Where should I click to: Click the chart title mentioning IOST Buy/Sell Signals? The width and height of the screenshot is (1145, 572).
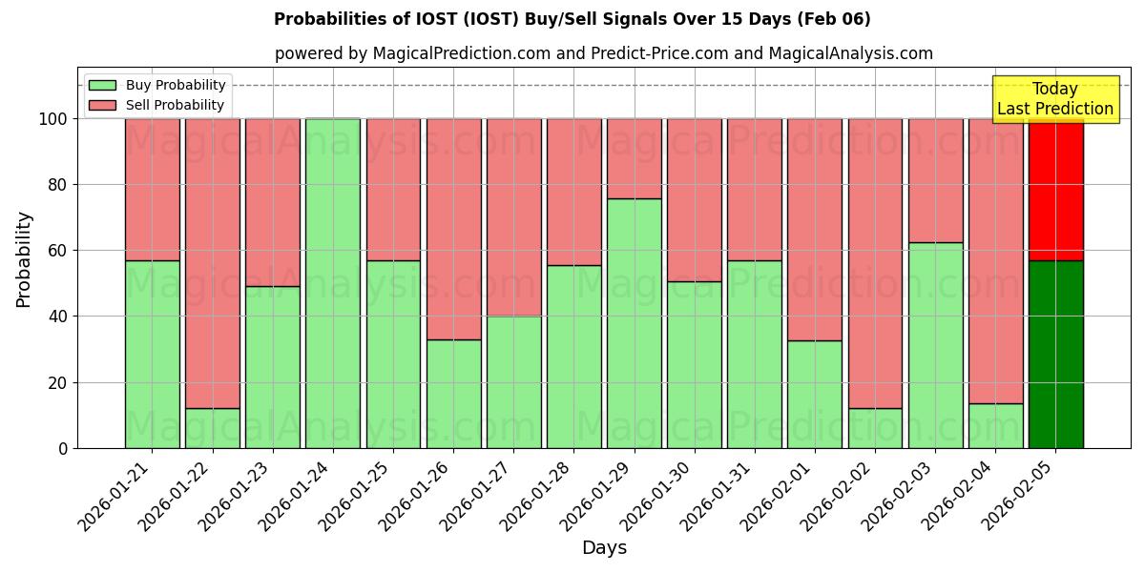coord(572,19)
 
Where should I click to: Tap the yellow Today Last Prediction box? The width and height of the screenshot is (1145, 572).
coord(1054,99)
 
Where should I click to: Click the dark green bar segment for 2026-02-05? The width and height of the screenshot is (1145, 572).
coord(1055,354)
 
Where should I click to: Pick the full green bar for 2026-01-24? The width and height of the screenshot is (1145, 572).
coord(333,283)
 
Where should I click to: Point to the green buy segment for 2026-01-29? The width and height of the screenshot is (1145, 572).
coord(635,323)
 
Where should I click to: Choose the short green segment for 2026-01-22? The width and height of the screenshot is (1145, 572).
coord(212,428)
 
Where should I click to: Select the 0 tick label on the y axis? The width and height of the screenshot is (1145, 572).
coord(63,448)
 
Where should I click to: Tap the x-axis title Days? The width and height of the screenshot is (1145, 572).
coord(604,548)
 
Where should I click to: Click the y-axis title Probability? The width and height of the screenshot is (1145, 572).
coord(24,258)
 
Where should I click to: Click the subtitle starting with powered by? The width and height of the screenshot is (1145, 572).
coord(603,53)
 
